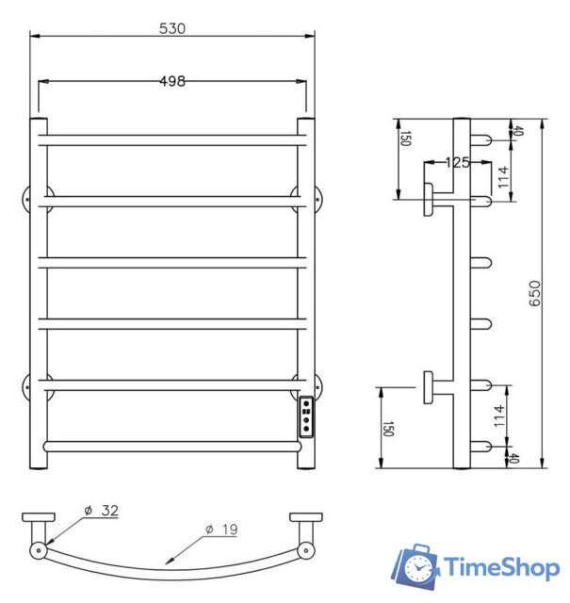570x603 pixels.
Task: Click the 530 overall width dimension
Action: point(171,28)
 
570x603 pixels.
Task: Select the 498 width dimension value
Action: point(171,81)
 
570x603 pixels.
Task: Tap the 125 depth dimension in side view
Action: point(457,162)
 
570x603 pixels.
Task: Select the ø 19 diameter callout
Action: point(223,530)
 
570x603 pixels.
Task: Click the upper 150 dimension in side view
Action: point(406,140)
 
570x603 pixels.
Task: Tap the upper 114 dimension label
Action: point(504,177)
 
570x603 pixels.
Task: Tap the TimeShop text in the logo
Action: point(501,567)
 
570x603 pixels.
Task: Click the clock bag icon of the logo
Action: point(415,566)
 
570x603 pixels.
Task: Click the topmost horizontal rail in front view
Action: point(171,139)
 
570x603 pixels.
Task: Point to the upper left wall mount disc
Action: point(29,201)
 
